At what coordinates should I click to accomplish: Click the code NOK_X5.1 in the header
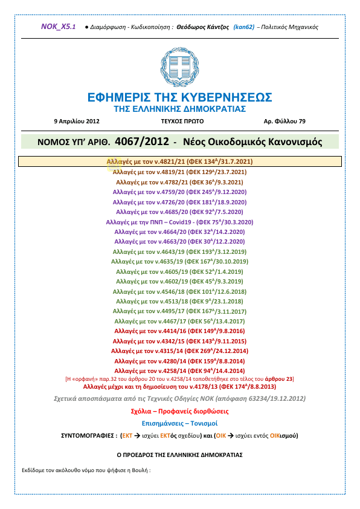[58, 27]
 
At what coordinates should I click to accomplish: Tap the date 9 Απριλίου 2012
[76, 121]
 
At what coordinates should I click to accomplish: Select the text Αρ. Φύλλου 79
[284, 121]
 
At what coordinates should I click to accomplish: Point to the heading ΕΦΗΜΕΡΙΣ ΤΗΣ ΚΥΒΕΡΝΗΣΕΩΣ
[179, 98]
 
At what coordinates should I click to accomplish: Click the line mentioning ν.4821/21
[179, 162]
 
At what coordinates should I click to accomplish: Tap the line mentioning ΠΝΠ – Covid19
[179, 222]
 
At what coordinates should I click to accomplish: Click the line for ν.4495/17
[179, 311]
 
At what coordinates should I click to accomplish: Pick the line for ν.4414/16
[179, 331]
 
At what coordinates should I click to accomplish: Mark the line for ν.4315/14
[179, 351]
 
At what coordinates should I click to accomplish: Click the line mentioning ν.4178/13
[179, 385]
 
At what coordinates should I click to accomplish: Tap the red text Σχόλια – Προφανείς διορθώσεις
[179, 411]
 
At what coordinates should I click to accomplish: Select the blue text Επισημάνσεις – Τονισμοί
[179, 423]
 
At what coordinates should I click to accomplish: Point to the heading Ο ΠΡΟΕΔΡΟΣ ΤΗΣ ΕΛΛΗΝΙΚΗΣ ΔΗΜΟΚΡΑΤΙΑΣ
[179, 453]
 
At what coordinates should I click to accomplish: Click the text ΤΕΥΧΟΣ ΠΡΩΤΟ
[179, 121]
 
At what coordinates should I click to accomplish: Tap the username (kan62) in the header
[244, 27]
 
